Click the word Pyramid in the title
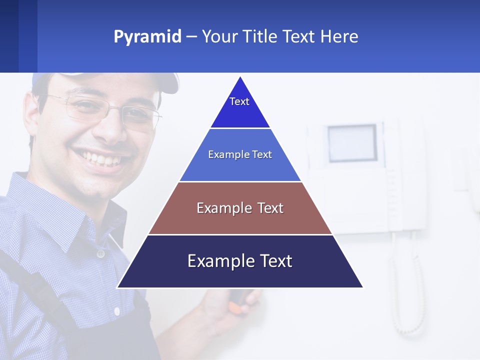[147, 37]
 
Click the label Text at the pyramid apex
[239, 101]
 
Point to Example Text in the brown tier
[240, 208]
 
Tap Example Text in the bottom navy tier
[240, 261]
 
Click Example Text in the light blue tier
[240, 154]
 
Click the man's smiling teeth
[103, 159]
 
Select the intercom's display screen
[352, 142]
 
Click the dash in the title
[191, 37]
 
